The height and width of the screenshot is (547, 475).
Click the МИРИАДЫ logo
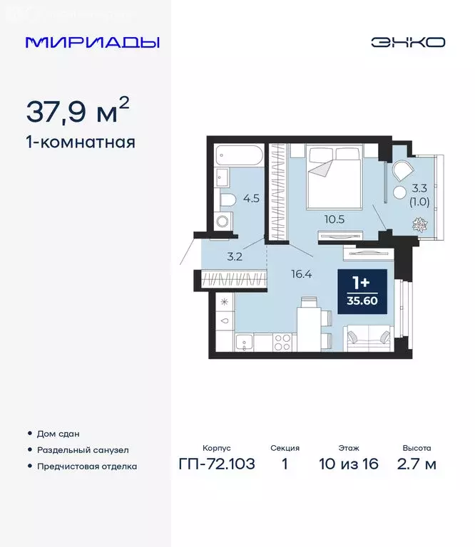point(92,42)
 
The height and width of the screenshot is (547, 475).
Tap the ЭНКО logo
point(407,42)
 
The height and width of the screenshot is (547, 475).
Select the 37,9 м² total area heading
point(78,110)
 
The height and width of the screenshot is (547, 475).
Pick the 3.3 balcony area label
point(420,189)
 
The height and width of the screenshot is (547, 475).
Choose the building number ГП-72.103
point(216,464)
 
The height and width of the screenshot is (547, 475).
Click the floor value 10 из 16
point(349,464)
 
